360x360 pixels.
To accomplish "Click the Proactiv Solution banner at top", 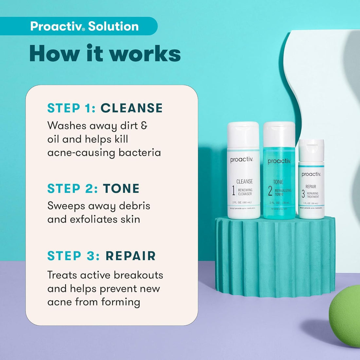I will click(x=84, y=26).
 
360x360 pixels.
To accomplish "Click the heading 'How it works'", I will click(x=105, y=53).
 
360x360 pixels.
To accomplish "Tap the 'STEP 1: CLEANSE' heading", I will click(x=105, y=108).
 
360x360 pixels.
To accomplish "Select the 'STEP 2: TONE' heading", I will click(x=93, y=189).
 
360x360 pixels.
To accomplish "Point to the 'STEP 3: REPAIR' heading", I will click(x=101, y=256).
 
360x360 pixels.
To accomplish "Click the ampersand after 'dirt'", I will click(x=144, y=126).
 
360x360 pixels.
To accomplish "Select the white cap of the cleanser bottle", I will click(x=243, y=134).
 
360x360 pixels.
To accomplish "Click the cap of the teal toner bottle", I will click(x=279, y=134).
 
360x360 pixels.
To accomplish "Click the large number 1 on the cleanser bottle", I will click(x=233, y=190).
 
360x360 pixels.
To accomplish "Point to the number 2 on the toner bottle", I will click(x=270, y=191).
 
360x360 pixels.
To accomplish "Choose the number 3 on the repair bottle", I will click(x=303, y=194).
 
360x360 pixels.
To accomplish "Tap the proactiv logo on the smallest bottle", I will click(x=311, y=174).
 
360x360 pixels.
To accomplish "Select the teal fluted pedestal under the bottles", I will click(x=275, y=255).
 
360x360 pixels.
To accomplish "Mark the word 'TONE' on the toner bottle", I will click(x=278, y=182).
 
